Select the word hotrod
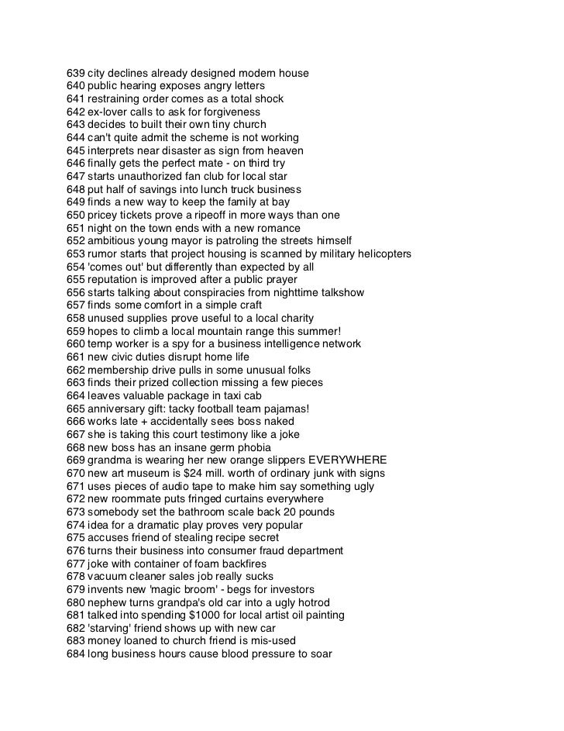[312, 602]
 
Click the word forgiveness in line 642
[230, 112]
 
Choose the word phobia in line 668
[253, 447]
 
